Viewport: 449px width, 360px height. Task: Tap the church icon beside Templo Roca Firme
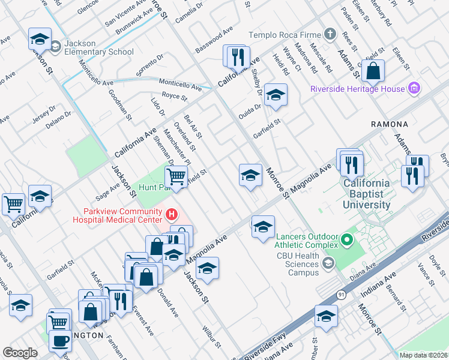(330, 35)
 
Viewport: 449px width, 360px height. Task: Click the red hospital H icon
(172, 214)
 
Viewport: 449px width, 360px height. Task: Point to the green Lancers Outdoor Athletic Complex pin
(346, 241)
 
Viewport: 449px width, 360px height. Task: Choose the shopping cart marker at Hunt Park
(176, 176)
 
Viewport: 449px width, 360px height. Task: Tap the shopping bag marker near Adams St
(373, 70)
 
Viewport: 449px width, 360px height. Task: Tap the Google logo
(20, 353)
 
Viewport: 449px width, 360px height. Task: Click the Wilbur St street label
(213, 337)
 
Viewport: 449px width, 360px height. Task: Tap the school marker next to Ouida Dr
(275, 95)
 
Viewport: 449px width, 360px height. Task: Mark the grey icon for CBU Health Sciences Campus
(328, 263)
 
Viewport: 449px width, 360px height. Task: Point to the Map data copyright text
(423, 355)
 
